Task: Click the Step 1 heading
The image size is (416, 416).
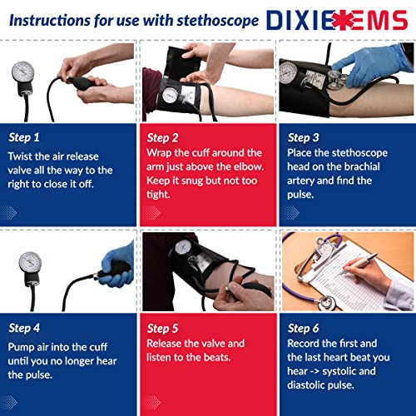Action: point(25,137)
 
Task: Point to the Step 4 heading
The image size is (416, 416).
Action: point(25,328)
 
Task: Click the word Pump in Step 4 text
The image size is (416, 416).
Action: point(22,345)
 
